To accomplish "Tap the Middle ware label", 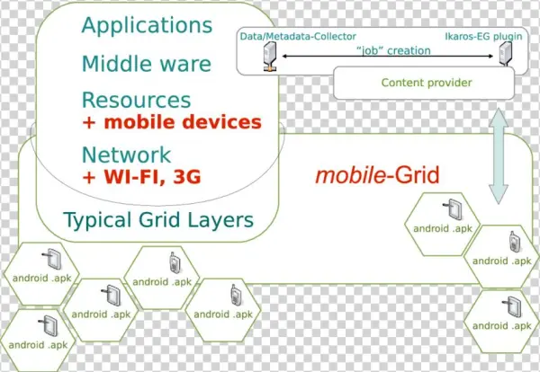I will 146,64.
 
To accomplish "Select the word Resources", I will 136,100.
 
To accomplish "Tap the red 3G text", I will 185,176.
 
